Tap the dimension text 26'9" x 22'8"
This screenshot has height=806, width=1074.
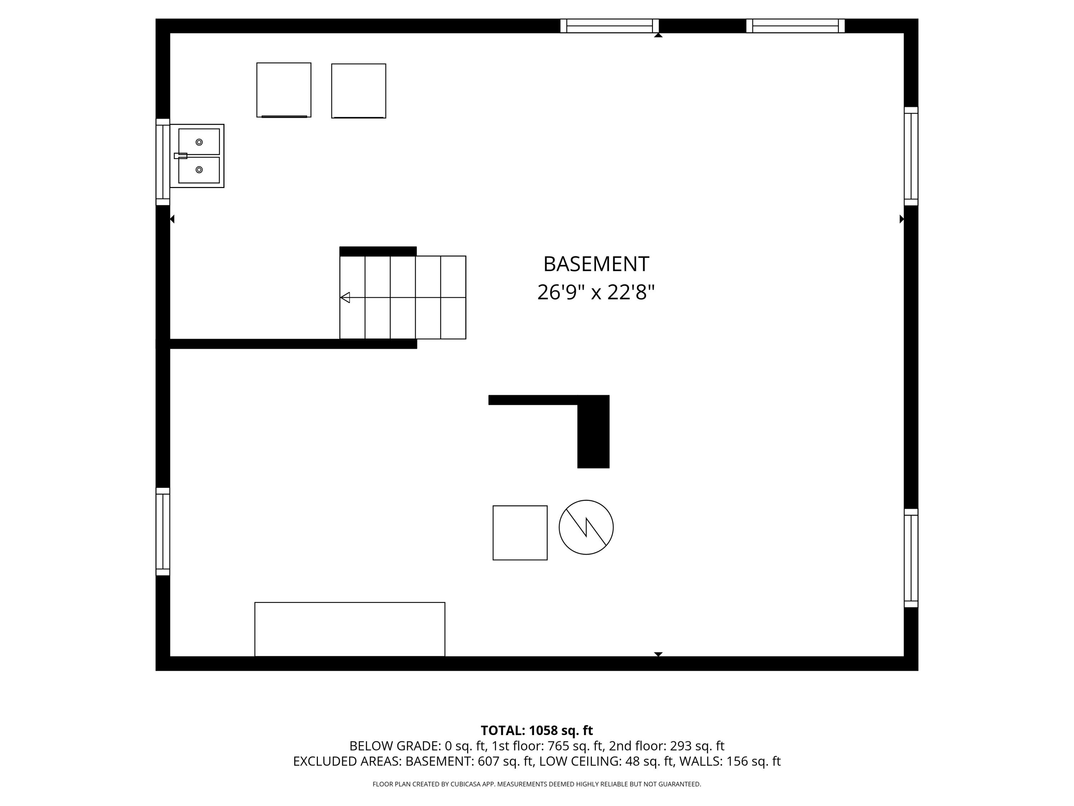[x=595, y=292]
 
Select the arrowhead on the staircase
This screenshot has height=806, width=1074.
[x=345, y=297]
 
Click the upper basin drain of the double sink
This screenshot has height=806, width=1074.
[x=199, y=142]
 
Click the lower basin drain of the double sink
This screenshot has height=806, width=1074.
[x=199, y=169]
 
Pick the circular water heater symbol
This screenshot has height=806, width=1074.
[x=586, y=527]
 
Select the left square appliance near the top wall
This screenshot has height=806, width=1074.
[x=284, y=90]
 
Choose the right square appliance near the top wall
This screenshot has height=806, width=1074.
[x=358, y=91]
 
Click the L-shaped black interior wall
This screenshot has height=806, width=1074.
[x=592, y=427]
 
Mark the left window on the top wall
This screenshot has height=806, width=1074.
[x=609, y=26]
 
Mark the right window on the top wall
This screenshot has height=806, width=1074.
[x=795, y=26]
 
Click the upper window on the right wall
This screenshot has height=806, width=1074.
[x=911, y=156]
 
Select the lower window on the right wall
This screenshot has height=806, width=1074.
[x=911, y=558]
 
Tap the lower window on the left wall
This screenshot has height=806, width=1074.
[x=163, y=532]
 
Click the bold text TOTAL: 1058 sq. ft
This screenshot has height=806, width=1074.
[x=537, y=731]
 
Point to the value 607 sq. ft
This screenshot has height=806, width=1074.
[x=505, y=761]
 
